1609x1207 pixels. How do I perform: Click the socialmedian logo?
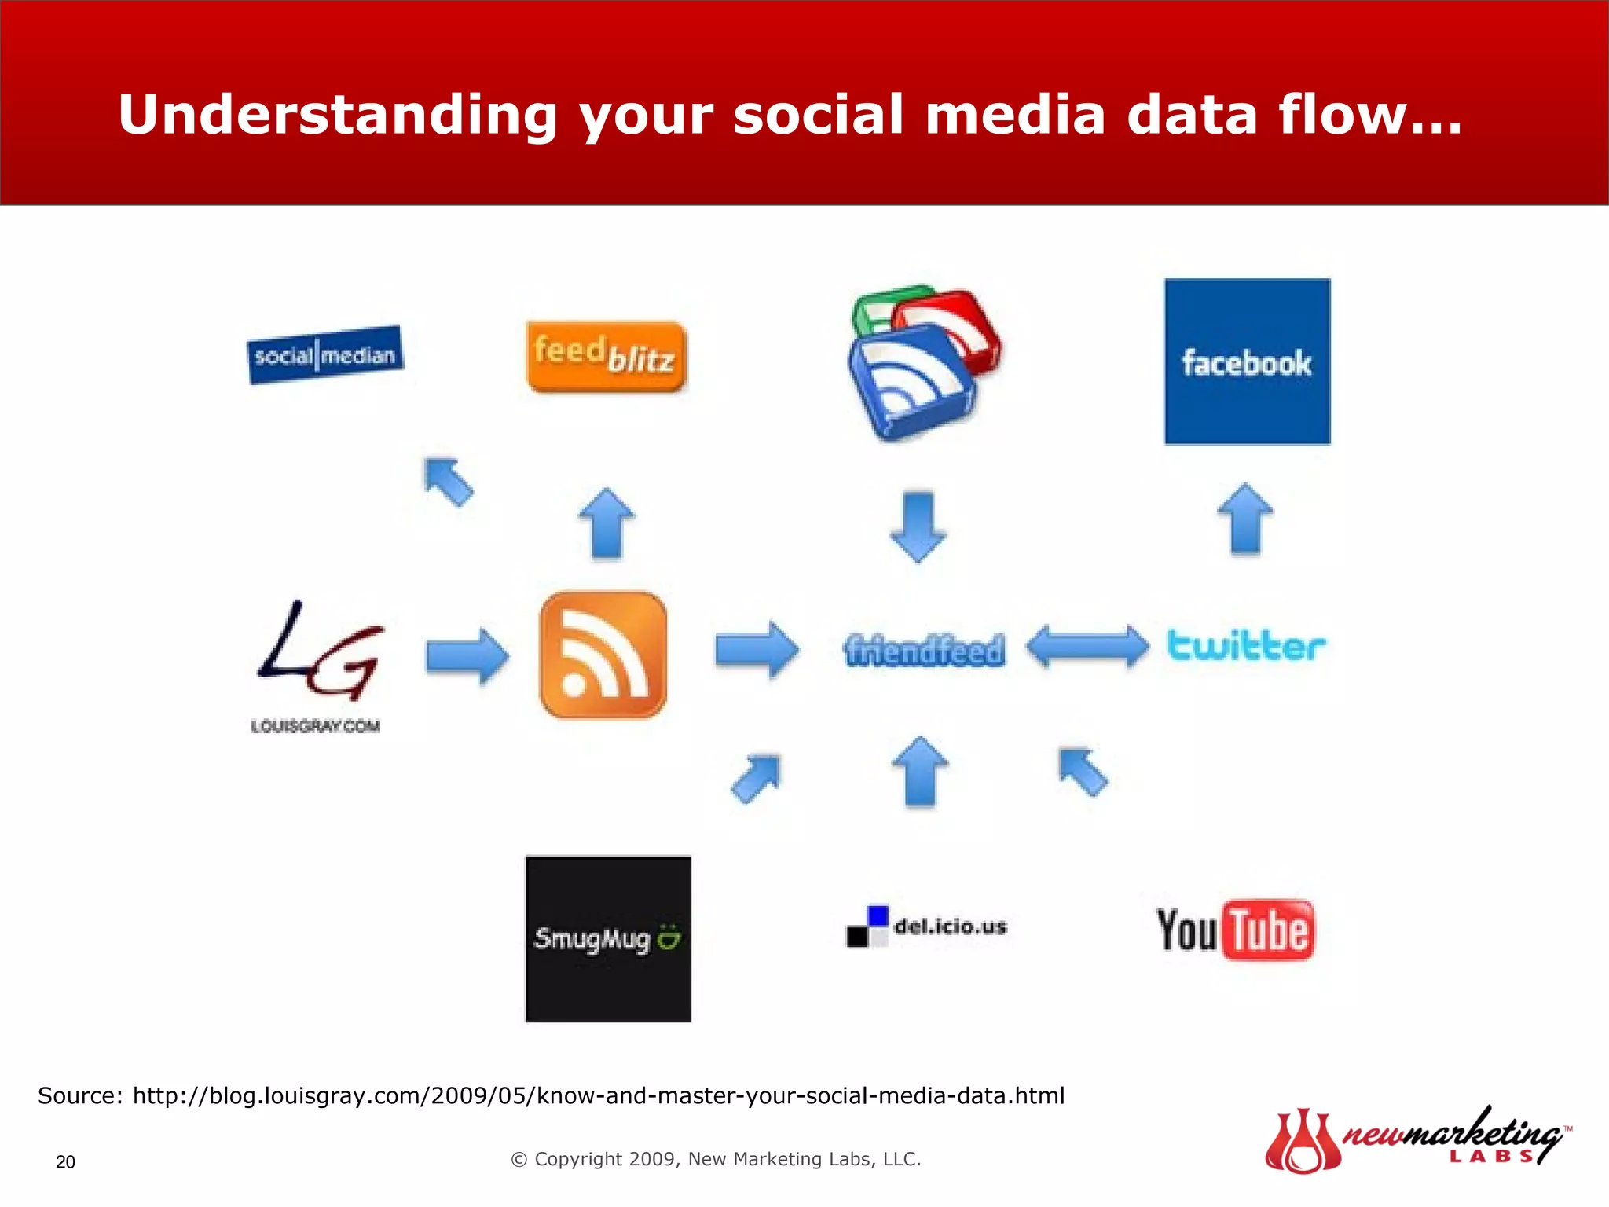[x=324, y=354]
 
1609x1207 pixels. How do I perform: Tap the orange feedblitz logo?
[x=606, y=356]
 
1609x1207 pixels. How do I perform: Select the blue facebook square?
[x=1247, y=361]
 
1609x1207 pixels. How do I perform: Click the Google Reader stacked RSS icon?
[x=923, y=362]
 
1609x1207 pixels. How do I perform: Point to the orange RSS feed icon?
[x=603, y=655]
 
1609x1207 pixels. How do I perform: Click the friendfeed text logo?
[x=924, y=650]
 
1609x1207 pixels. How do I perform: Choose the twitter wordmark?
[x=1246, y=645]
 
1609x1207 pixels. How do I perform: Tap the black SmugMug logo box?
[x=608, y=939]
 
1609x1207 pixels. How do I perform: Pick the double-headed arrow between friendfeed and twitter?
[x=1087, y=648]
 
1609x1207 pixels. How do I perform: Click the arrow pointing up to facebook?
[x=1245, y=519]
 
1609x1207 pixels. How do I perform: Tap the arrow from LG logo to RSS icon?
[x=467, y=655]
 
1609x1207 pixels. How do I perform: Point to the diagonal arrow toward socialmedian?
[x=449, y=481]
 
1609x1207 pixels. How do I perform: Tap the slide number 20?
[x=65, y=1162]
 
